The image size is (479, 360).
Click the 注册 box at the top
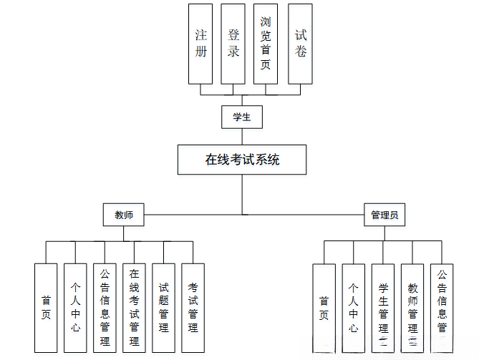[200, 43]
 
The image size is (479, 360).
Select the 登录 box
[233, 43]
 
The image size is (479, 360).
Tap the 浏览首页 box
[266, 43]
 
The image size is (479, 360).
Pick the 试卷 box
[301, 43]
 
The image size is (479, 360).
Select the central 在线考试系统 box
[242, 160]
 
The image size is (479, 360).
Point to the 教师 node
[124, 215]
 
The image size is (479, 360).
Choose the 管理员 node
[384, 215]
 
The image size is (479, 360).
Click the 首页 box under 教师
[46, 308]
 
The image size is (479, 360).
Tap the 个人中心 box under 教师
[75, 308]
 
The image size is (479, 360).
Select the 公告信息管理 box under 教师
[105, 308]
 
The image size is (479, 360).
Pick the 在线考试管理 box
[134, 308]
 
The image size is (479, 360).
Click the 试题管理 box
[163, 308]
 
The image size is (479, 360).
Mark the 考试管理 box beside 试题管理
[193, 308]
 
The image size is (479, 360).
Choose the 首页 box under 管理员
[324, 308]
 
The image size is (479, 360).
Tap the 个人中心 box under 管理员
[353, 308]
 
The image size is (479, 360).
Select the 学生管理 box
[383, 308]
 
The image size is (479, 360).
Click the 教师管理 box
[412, 308]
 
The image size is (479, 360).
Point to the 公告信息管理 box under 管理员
[442, 308]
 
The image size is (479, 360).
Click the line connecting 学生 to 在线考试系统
[242, 137]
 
